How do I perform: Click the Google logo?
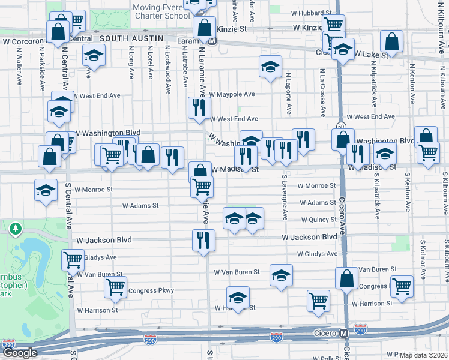point(19,353)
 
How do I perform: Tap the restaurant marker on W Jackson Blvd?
point(203,239)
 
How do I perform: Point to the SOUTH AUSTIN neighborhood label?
point(131,38)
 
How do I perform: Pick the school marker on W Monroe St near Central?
point(46,190)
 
